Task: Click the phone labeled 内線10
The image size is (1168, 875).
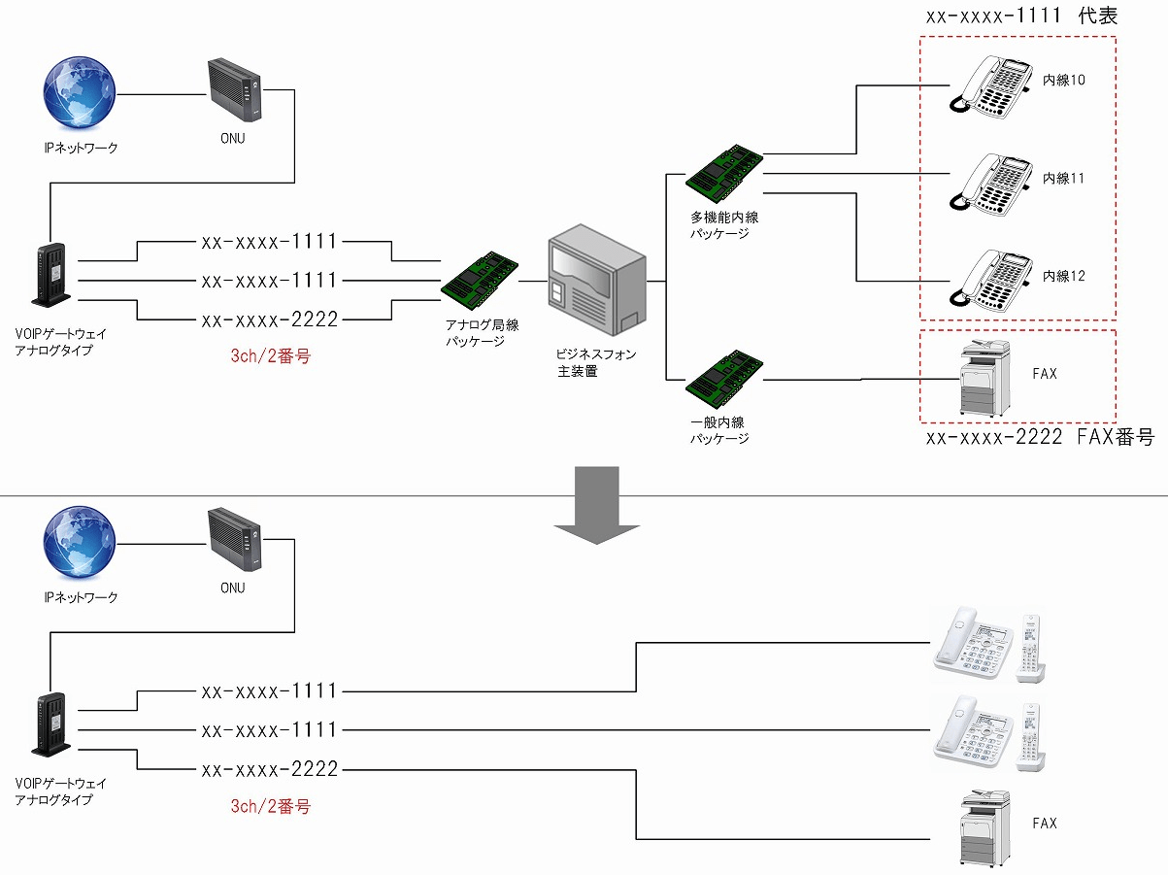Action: pos(990,86)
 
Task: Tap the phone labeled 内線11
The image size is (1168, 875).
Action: pos(990,185)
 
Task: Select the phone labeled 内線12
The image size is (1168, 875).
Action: pos(990,281)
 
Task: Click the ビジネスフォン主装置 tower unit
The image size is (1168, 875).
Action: pos(597,280)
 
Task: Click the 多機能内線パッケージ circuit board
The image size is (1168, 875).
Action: pos(724,173)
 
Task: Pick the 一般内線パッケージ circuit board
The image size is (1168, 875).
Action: pos(724,379)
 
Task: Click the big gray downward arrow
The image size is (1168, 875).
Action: pos(596,505)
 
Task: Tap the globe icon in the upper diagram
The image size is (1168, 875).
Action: pos(80,93)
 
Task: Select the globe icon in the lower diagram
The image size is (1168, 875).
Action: pos(80,543)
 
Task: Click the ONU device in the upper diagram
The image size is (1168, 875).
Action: pos(235,90)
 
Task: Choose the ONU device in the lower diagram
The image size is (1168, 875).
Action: pos(235,540)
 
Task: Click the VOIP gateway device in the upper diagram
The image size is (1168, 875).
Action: pos(51,275)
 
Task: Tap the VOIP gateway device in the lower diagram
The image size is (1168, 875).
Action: pos(51,724)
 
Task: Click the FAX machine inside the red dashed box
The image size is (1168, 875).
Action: pos(984,378)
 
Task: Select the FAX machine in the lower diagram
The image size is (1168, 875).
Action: pos(984,828)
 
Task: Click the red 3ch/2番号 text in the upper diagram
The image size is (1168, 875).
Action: pos(270,356)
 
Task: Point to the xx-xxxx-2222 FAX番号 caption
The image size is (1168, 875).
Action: pos(1040,437)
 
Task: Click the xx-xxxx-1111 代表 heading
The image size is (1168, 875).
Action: pos(1021,16)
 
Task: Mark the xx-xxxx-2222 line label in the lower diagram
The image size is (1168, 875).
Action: pos(270,769)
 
